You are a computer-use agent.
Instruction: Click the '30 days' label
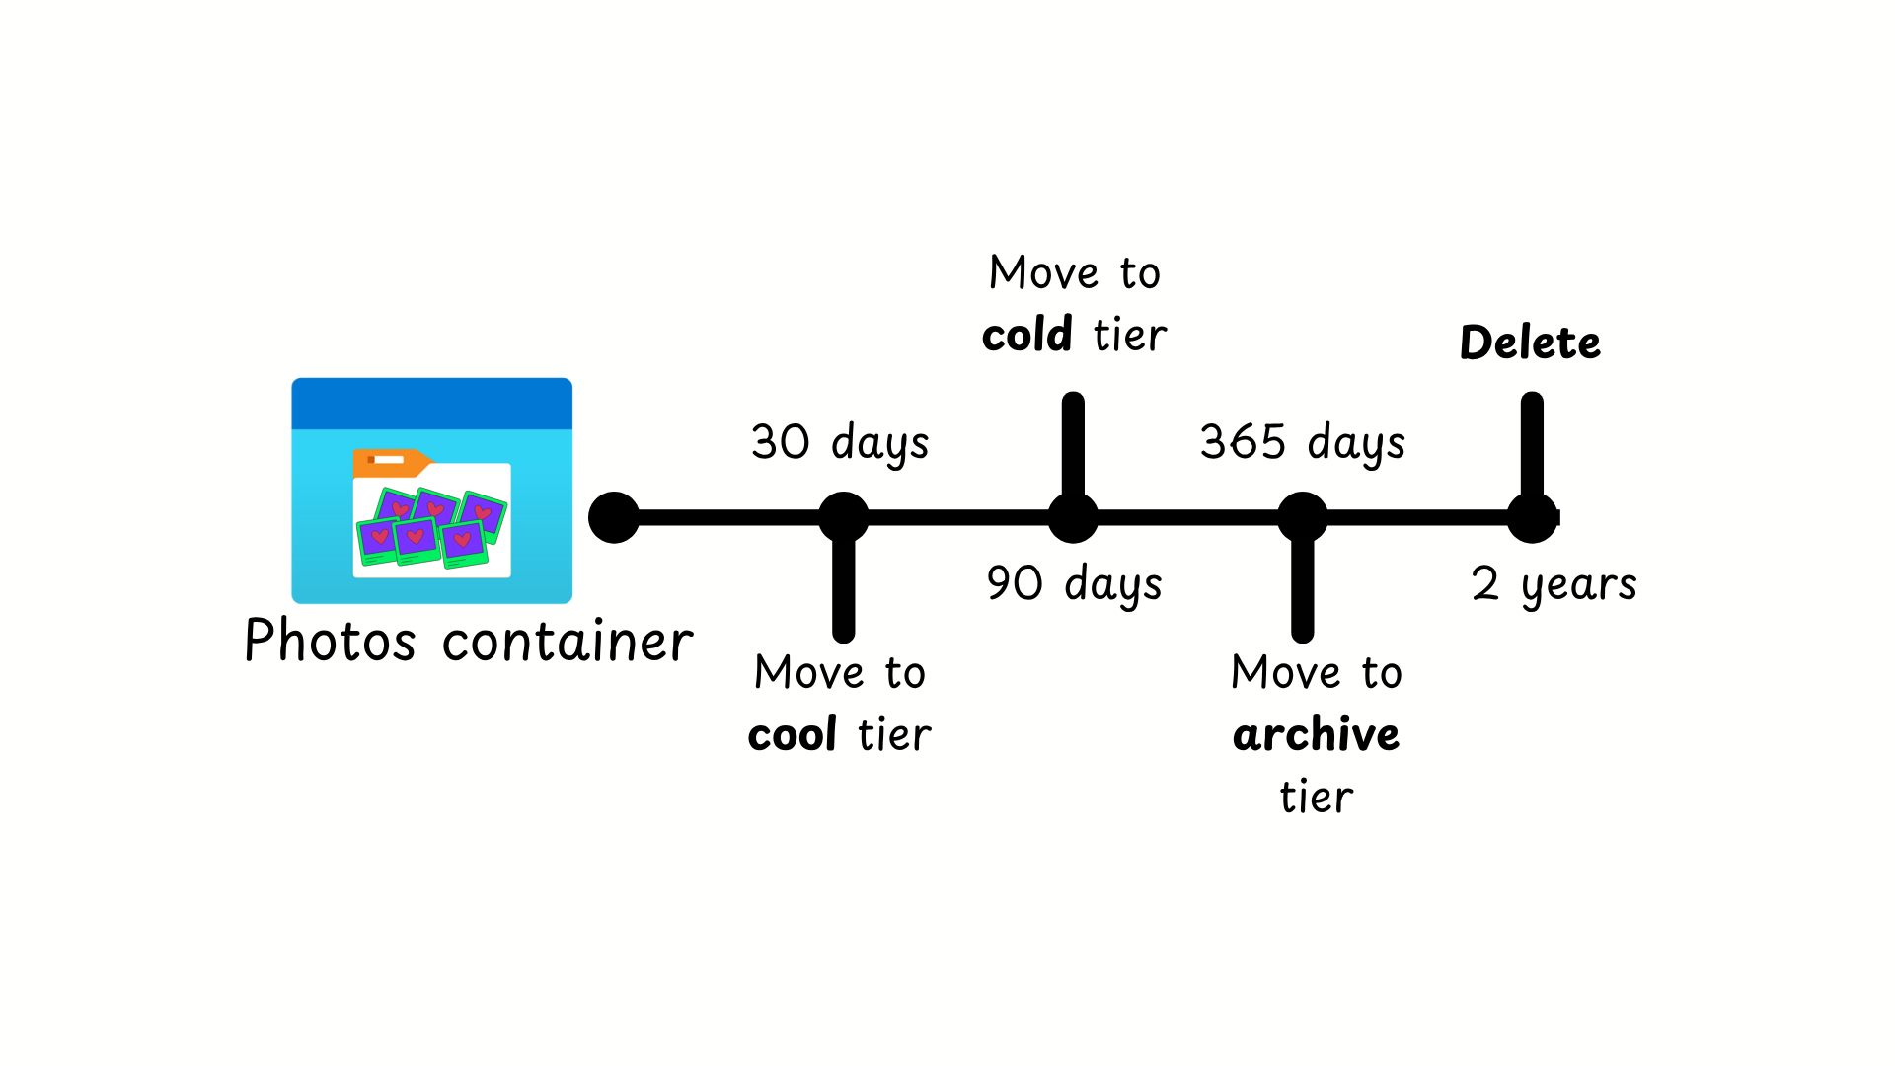point(840,442)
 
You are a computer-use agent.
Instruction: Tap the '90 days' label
point(1074,583)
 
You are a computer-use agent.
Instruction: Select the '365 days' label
point(1302,442)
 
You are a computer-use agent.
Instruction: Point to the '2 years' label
point(1554,583)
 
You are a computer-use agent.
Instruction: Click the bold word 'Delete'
point(1530,343)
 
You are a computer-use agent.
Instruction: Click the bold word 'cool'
point(793,734)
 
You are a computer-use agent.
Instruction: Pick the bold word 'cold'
point(1026,335)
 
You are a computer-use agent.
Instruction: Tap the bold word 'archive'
point(1316,734)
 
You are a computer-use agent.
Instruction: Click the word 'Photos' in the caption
point(330,642)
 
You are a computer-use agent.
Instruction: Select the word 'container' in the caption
point(568,642)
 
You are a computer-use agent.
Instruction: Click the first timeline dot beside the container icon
point(614,517)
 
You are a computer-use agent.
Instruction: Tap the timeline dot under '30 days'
point(843,517)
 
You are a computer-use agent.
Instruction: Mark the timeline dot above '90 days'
point(1073,517)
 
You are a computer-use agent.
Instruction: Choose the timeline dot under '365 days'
point(1302,517)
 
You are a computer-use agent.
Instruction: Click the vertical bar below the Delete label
point(1532,444)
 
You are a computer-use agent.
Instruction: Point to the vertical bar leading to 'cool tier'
point(843,592)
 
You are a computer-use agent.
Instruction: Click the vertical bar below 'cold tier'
point(1073,444)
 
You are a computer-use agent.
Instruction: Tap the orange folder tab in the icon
point(390,461)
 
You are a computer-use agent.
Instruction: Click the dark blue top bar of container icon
point(431,403)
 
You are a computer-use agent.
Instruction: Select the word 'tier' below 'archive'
point(1316,797)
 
